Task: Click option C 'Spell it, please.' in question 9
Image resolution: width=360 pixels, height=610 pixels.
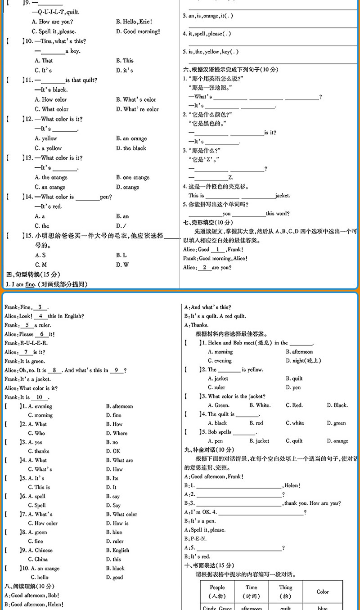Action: point(54,31)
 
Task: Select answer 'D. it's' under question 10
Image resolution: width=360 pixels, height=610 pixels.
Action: point(124,70)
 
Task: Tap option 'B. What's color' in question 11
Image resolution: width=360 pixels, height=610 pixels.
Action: point(136,99)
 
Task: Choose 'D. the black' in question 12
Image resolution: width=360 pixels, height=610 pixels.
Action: point(131,148)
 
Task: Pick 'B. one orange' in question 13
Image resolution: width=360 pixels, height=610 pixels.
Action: point(132,177)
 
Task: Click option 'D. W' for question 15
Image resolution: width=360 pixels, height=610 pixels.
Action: point(122,265)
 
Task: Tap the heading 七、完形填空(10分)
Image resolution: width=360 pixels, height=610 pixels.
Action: point(208,222)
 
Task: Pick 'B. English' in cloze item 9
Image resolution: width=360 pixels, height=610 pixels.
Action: point(117,550)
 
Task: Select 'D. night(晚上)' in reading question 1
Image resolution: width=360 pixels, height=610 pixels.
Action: point(303,360)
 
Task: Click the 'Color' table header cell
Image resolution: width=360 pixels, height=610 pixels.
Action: point(323,592)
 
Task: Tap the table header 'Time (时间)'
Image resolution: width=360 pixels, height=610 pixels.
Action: point(252,591)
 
